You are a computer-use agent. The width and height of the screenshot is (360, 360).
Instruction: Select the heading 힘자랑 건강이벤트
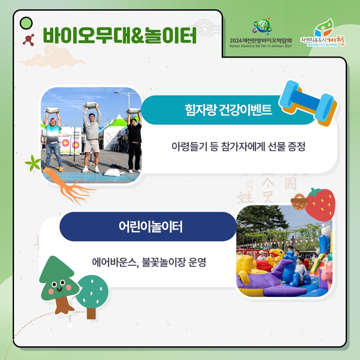pyautogui.click(x=229, y=110)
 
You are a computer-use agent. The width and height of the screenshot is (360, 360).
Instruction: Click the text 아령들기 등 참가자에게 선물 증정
pyautogui.click(x=238, y=147)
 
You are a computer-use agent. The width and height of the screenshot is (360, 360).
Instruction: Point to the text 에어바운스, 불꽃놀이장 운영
pyautogui.click(x=149, y=262)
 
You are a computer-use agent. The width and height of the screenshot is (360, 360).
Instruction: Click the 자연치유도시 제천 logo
pyautogui.click(x=323, y=33)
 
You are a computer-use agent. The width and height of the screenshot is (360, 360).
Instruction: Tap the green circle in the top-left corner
pyautogui.click(x=26, y=23)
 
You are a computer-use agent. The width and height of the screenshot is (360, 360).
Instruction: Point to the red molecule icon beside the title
pyautogui.click(x=29, y=40)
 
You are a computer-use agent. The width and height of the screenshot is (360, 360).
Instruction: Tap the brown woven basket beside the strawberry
pyautogui.click(x=299, y=202)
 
